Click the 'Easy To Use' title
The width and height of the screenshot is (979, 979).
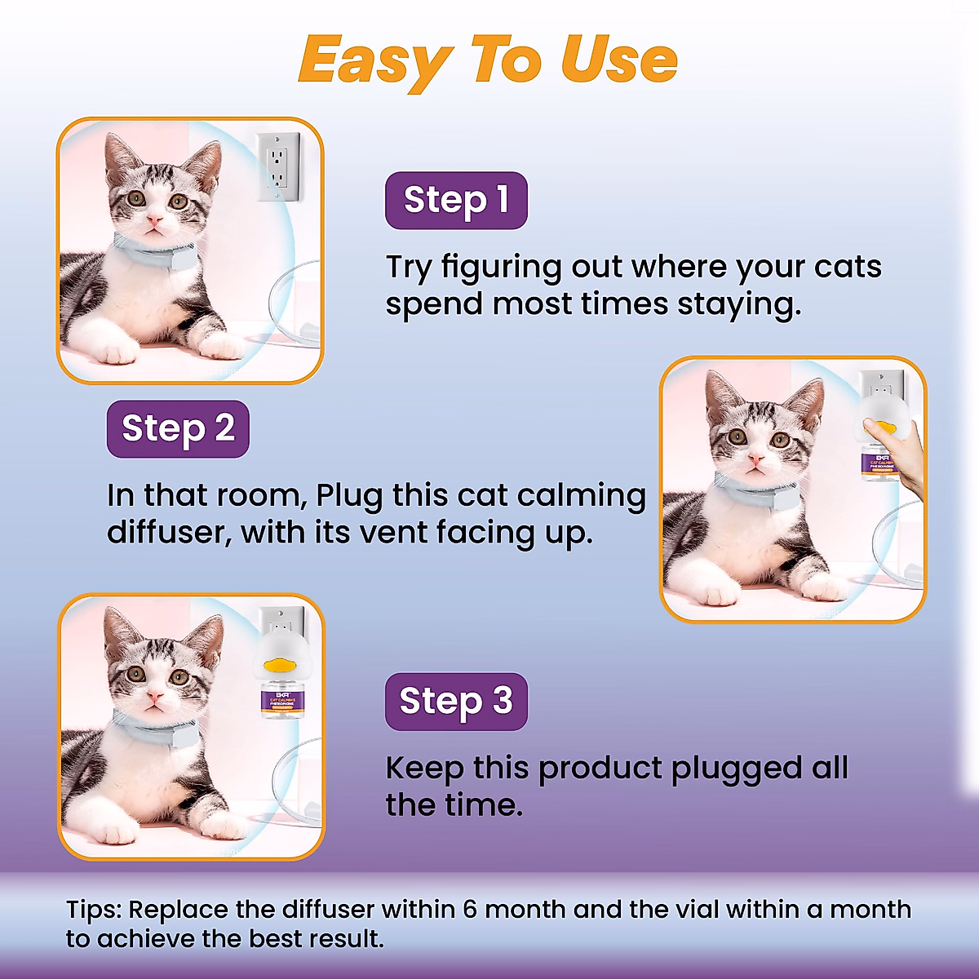(x=488, y=61)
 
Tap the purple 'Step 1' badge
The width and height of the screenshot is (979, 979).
(x=456, y=200)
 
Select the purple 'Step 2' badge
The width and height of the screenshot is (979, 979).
(x=178, y=428)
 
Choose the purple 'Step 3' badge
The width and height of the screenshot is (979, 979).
(x=456, y=701)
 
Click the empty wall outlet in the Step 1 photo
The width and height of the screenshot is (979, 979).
(x=277, y=166)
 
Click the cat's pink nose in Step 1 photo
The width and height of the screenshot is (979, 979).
(x=154, y=219)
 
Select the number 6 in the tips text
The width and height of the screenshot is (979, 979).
(x=470, y=909)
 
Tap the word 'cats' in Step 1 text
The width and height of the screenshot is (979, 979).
(x=848, y=267)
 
